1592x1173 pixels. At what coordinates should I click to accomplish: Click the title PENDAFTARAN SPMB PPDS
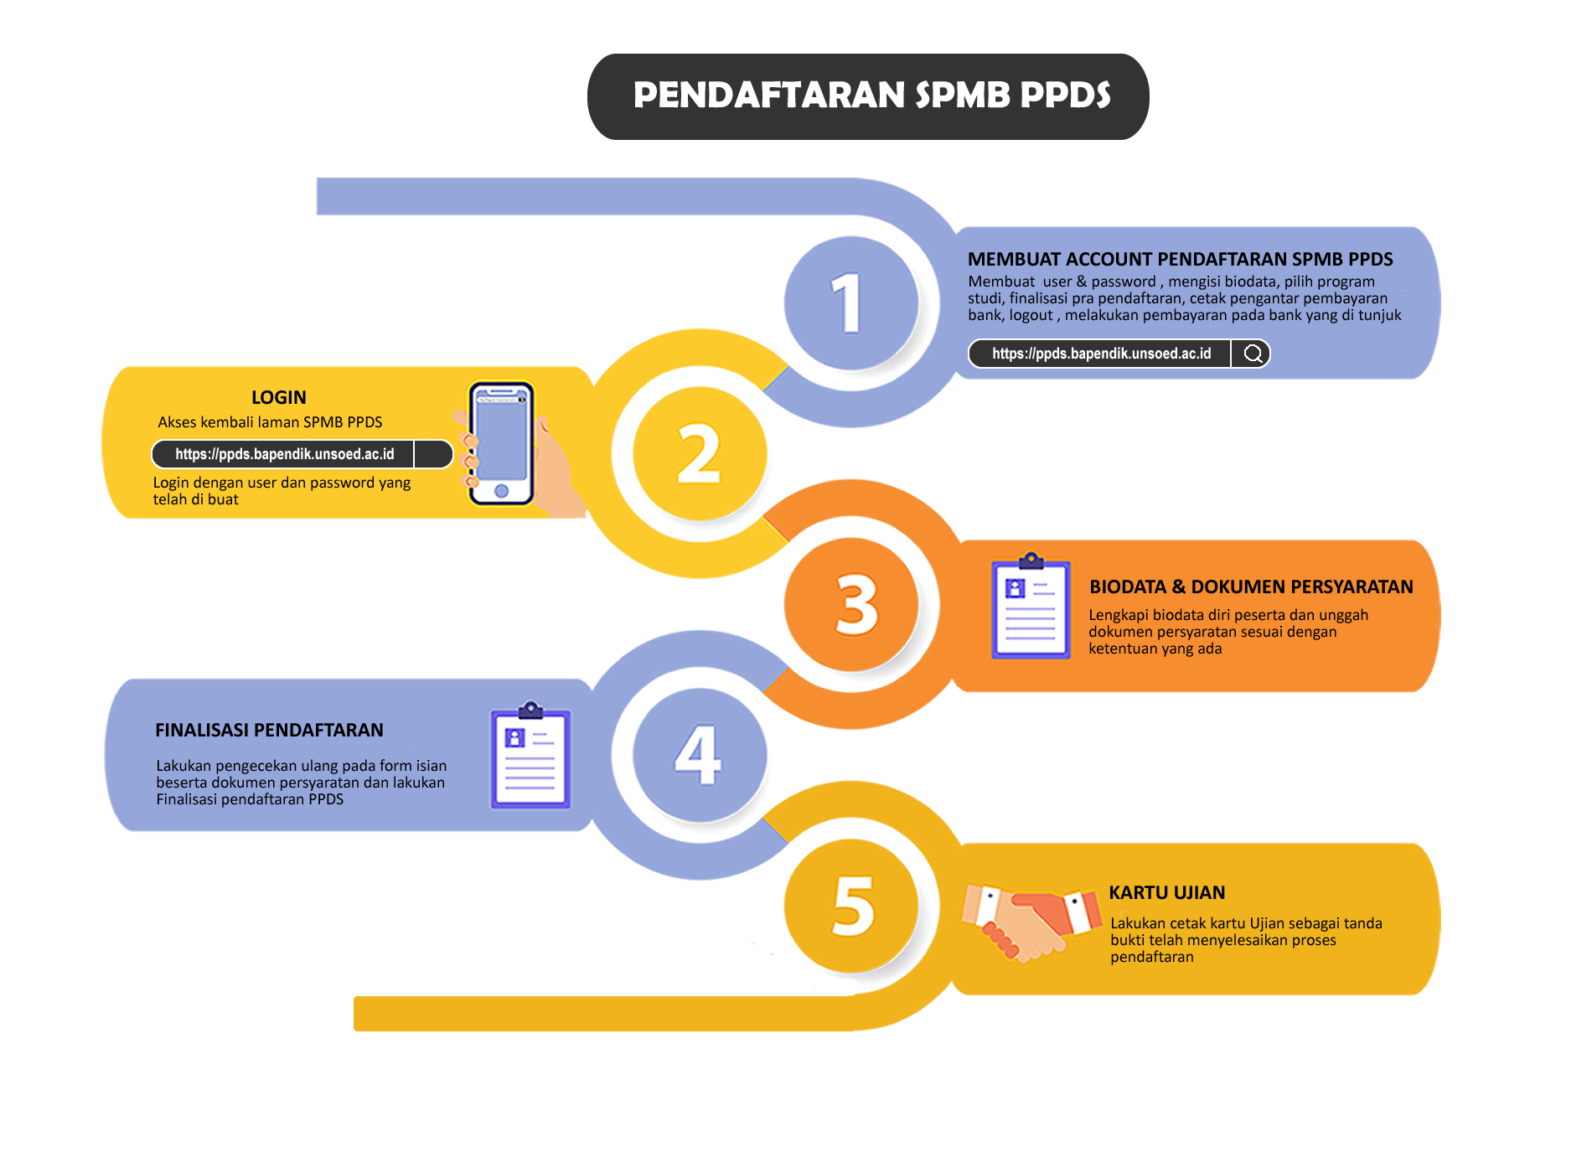[871, 96]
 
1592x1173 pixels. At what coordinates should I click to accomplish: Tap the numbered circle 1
[850, 302]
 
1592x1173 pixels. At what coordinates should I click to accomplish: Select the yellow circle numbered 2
[699, 453]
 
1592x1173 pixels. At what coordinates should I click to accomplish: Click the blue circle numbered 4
[699, 754]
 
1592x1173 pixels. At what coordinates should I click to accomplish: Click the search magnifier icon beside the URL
[1253, 354]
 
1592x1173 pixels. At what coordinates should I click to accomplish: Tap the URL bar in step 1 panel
[1101, 354]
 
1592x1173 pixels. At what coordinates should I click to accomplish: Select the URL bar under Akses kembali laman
[284, 454]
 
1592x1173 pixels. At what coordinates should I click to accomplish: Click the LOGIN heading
[279, 397]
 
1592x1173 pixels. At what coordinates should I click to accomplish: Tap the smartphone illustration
[501, 444]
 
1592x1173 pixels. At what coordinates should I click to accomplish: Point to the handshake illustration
[1031, 922]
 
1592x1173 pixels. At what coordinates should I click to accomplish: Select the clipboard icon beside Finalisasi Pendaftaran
[530, 756]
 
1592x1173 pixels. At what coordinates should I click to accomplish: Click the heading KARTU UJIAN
[1166, 892]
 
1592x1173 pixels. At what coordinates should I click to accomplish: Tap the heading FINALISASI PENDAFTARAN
[269, 730]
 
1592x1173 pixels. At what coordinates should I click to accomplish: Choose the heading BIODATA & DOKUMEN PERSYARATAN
[1251, 586]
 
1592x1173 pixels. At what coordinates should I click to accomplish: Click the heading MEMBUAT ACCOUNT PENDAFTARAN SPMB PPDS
[1180, 259]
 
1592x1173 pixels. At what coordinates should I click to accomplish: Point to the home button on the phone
[501, 491]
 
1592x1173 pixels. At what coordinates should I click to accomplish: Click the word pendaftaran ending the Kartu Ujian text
[1152, 957]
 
